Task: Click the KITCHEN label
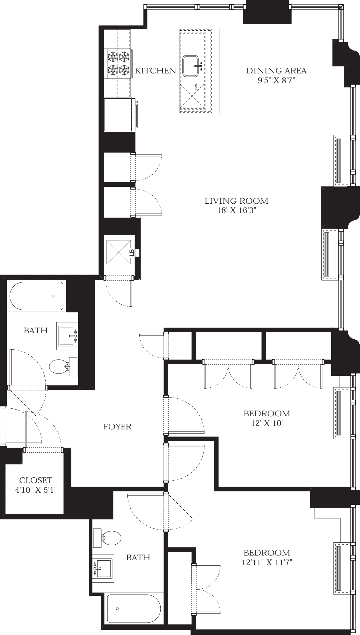[155, 71]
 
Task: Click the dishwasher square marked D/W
[192, 96]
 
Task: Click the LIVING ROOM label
[236, 201]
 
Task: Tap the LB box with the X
[119, 252]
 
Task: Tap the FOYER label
[118, 427]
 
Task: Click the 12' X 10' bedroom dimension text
[267, 423]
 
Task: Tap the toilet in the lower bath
[109, 538]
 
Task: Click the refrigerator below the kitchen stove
[119, 114]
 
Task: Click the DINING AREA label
[276, 71]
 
